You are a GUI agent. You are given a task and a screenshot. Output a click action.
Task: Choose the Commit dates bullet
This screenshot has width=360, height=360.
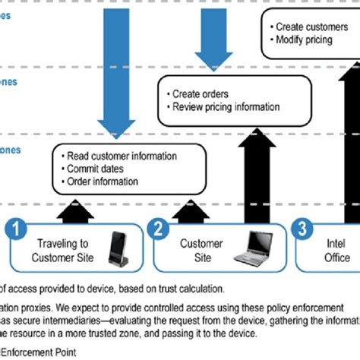click(95, 169)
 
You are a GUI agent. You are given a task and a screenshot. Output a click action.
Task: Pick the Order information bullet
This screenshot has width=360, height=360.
click(103, 182)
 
